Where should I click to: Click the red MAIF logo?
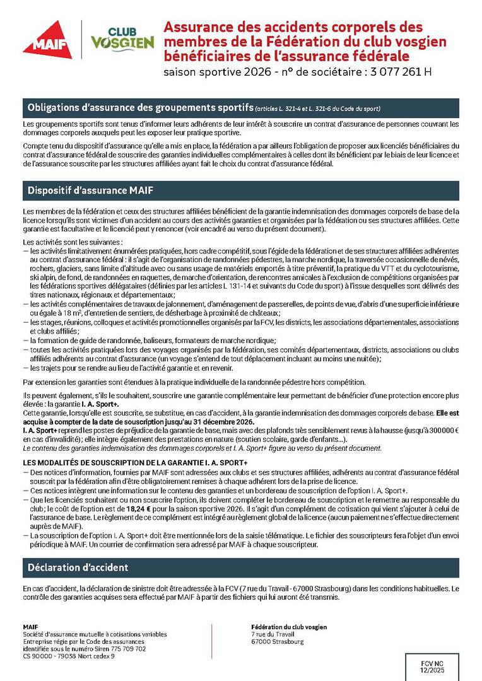(x=47, y=39)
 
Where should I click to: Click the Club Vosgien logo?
(x=122, y=39)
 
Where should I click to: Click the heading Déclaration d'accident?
(x=78, y=567)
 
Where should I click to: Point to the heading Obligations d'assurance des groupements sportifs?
(x=138, y=107)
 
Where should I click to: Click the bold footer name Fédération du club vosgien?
(x=289, y=627)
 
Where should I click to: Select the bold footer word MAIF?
(x=30, y=627)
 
